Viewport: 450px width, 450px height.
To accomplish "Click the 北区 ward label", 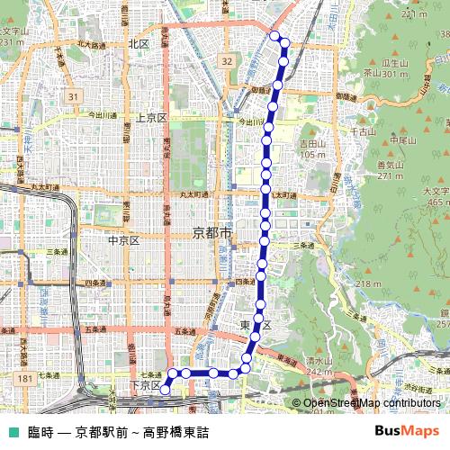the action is pyautogui.click(x=138, y=43).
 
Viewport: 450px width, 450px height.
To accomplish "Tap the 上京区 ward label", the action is pyautogui.click(x=150, y=118).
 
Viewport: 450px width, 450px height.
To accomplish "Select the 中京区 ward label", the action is pyautogui.click(x=121, y=240).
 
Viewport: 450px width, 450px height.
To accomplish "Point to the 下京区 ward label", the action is pyautogui.click(x=145, y=385).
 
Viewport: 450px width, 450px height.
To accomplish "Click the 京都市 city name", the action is pyautogui.click(x=212, y=232).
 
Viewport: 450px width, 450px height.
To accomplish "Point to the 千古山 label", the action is pyautogui.click(x=363, y=132).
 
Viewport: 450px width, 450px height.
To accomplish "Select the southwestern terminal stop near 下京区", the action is pyautogui.click(x=166, y=390).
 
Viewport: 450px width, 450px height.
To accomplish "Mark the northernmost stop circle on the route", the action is pyautogui.click(x=274, y=37).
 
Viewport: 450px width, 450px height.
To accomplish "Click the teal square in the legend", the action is pyautogui.click(x=12, y=431).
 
